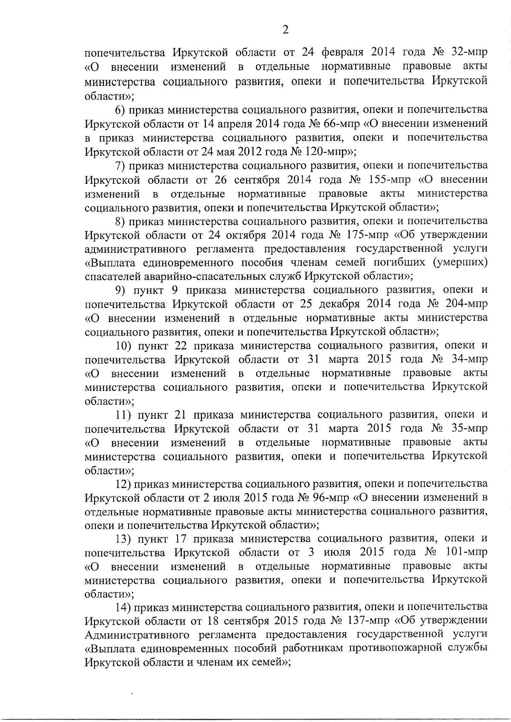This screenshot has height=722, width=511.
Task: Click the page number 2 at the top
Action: [285, 30]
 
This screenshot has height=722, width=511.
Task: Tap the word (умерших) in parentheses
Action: [460, 263]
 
